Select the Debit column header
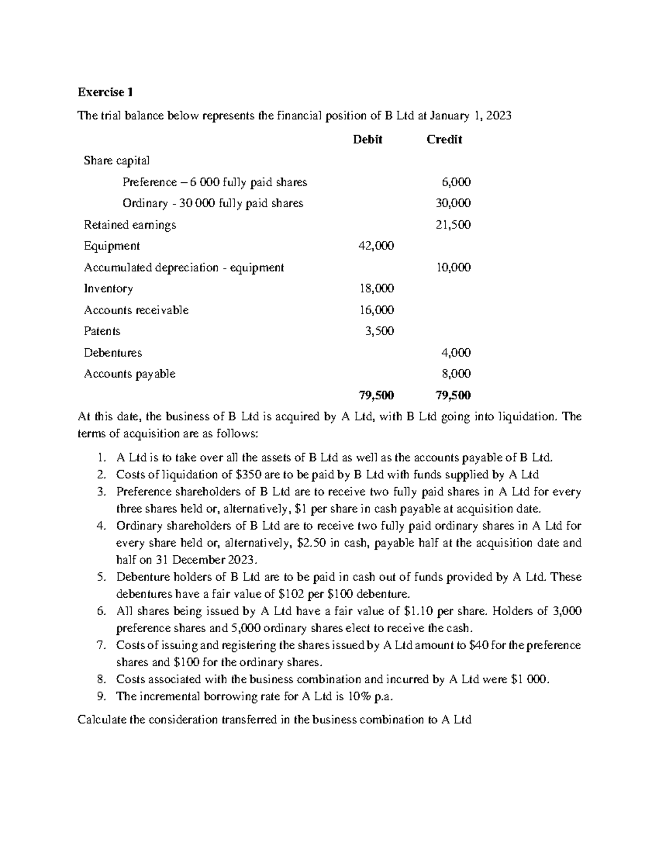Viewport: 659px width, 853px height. click(367, 140)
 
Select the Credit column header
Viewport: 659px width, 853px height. click(444, 140)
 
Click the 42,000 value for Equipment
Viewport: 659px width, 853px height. click(376, 246)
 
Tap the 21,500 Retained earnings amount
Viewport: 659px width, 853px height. click(453, 225)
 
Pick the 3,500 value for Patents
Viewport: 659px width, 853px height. click(379, 331)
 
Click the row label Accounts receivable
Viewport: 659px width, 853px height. click(136, 310)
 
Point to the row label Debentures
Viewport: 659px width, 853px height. click(113, 353)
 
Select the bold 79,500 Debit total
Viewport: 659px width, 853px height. click(376, 395)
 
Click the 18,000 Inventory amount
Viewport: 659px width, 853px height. click(376, 289)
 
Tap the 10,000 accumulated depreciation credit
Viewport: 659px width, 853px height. click(453, 267)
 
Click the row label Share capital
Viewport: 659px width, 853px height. click(116, 160)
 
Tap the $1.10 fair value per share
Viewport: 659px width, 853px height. click(419, 611)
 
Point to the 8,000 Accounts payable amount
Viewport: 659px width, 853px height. click(456, 374)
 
